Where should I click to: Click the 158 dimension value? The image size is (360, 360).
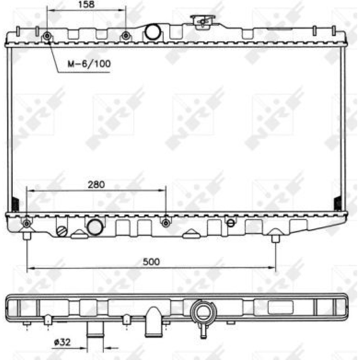point(86,4)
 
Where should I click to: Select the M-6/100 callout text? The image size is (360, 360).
point(89,64)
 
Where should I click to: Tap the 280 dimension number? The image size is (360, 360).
point(96,185)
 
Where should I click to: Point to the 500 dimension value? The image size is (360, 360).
point(151,262)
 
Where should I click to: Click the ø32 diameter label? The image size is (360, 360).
point(62,343)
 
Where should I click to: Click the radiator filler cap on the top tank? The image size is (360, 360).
point(203,22)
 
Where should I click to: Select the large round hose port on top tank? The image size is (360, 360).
point(152,32)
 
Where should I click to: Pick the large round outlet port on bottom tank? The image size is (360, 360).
point(95,227)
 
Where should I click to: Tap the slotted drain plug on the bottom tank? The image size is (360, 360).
point(62,231)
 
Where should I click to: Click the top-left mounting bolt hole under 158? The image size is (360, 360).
point(47,36)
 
